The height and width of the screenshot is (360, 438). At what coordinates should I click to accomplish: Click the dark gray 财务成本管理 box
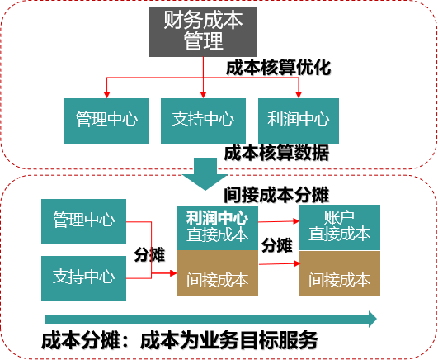(x=203, y=32)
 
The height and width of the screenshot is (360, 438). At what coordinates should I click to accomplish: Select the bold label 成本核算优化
(x=278, y=68)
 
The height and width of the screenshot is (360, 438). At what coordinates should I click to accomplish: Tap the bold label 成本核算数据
(x=276, y=153)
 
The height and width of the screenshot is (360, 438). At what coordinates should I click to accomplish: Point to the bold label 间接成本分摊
(x=276, y=195)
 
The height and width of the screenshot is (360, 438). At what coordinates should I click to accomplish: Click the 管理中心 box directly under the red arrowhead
(x=106, y=121)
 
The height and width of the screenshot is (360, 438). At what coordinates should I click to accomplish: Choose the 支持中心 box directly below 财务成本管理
(x=203, y=121)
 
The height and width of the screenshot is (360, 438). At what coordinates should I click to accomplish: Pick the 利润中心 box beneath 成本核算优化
(x=299, y=121)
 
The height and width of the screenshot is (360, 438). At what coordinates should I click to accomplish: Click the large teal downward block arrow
(x=205, y=173)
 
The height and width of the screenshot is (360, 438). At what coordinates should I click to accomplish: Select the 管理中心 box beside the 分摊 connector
(x=83, y=221)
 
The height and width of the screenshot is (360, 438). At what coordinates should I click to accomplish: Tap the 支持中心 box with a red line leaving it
(x=83, y=278)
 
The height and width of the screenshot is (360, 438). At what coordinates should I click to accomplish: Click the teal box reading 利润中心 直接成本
(x=217, y=228)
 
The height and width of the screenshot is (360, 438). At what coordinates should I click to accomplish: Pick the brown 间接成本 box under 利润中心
(x=217, y=272)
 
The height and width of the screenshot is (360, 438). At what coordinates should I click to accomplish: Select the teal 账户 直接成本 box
(x=339, y=227)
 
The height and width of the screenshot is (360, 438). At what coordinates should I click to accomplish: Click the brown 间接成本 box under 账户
(x=339, y=273)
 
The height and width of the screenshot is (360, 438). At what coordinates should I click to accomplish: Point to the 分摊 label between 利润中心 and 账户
(x=277, y=245)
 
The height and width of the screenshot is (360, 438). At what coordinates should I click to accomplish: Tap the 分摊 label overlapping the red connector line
(x=149, y=254)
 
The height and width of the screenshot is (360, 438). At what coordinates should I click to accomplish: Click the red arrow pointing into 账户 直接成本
(x=279, y=221)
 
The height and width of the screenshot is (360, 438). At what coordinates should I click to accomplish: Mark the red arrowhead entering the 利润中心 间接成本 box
(x=173, y=273)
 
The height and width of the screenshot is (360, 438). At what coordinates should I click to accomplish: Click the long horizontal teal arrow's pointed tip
(x=376, y=319)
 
